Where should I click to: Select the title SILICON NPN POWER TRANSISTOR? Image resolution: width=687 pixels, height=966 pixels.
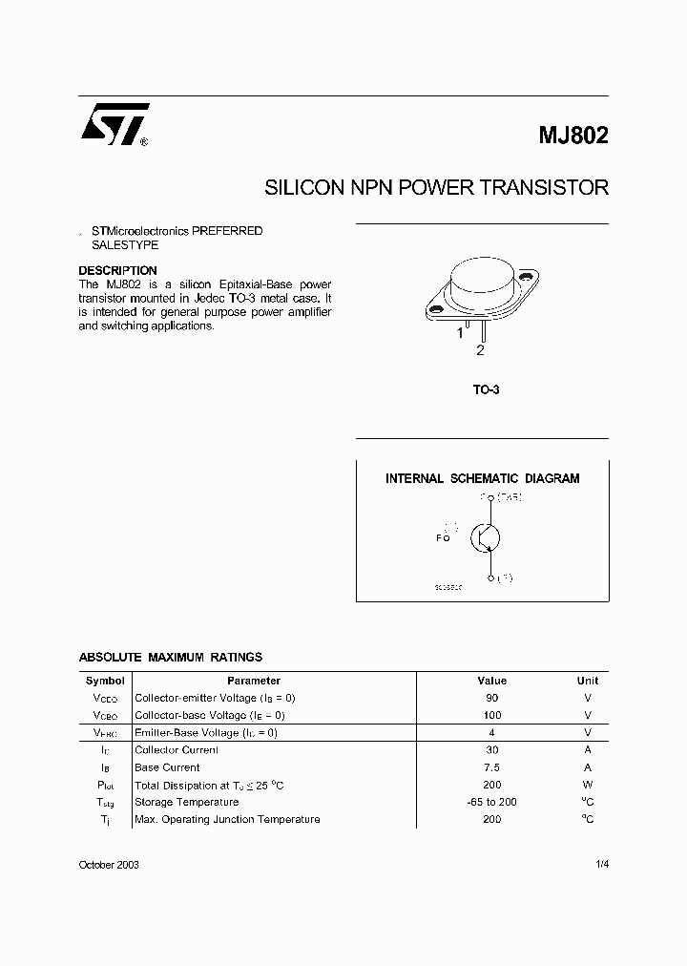436,187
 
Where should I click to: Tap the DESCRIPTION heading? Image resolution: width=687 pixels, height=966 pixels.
117,270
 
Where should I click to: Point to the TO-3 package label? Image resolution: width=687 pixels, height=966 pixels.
487,389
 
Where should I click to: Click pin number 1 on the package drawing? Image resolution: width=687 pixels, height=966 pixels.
459,332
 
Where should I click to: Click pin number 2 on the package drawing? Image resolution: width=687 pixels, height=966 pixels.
481,350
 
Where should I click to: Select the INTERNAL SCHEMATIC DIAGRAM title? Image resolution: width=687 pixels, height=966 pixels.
482,478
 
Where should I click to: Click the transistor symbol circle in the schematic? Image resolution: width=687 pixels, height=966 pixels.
487,537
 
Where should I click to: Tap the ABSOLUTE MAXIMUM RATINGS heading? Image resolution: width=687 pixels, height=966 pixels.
170,658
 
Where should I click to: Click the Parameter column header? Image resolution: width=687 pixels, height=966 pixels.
254,681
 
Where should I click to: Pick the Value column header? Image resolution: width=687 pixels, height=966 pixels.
492,681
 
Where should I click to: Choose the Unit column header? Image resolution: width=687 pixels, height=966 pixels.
588,681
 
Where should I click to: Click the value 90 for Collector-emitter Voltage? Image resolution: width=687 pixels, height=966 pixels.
492,698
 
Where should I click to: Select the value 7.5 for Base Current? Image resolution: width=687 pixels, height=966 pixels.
492,767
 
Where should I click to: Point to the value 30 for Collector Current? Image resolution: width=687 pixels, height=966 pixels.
492,750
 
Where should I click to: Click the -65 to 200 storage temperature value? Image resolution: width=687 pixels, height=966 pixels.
492,802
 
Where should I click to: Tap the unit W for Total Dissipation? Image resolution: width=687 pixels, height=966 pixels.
588,785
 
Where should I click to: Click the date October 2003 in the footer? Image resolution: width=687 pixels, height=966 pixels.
109,864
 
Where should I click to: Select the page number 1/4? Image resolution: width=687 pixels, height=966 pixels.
601,864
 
